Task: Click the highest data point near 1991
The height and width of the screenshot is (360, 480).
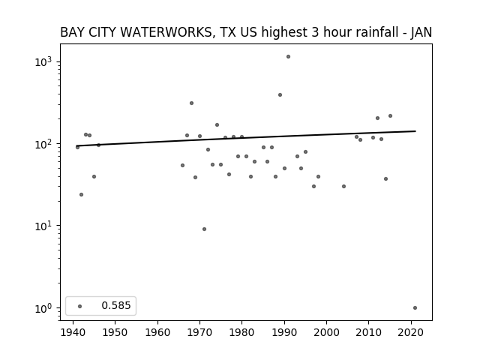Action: click(x=288, y=57)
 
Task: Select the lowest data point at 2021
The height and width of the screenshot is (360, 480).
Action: click(x=415, y=308)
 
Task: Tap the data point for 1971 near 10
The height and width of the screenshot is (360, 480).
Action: click(x=204, y=229)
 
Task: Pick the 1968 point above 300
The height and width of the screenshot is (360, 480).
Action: click(x=192, y=103)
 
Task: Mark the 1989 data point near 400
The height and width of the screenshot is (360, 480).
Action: click(x=280, y=95)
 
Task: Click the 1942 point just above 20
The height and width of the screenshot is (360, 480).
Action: click(x=82, y=195)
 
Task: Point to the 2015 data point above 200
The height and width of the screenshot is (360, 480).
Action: click(x=390, y=116)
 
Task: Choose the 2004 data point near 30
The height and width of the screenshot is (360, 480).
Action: click(x=343, y=187)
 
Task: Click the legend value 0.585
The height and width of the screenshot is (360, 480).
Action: click(x=116, y=305)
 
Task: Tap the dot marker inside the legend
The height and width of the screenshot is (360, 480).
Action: click(x=80, y=307)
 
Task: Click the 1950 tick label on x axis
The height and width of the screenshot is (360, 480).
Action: click(x=115, y=333)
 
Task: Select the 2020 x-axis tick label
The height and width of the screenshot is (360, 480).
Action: click(x=411, y=333)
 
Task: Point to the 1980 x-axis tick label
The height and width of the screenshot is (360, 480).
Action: click(x=241, y=333)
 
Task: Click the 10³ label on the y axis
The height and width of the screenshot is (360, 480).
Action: click(x=43, y=61)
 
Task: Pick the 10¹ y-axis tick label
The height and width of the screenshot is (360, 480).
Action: click(x=43, y=226)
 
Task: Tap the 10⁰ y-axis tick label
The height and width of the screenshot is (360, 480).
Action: click(x=43, y=308)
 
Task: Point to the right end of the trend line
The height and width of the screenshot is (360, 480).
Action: click(x=415, y=131)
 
